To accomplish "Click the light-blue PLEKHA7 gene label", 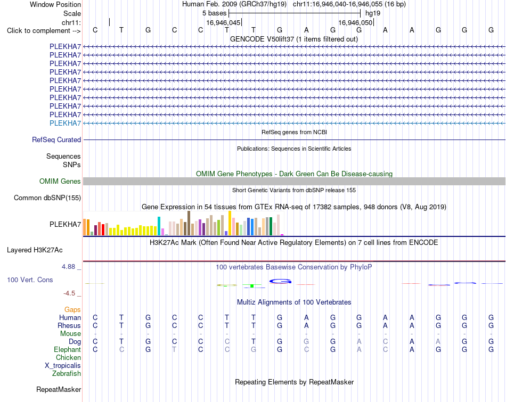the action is click(65, 123).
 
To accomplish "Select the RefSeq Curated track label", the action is click(56, 140).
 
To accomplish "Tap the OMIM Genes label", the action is click(60, 182).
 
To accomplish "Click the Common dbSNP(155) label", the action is click(47, 198).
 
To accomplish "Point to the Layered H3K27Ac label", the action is click(35, 250).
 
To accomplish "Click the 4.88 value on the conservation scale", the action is click(68, 267).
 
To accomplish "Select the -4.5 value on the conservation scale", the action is click(69, 293).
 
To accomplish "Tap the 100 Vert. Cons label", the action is click(30, 280).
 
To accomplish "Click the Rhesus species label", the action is click(69, 325).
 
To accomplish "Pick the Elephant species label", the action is click(68, 350).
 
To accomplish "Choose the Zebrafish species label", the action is click(67, 374).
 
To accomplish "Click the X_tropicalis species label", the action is click(63, 366).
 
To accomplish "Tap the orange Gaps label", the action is click(72, 310).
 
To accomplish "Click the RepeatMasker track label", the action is click(59, 389).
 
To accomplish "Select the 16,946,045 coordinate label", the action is click(223, 22).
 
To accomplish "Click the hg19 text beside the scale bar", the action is click(373, 13).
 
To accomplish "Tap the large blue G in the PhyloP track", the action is click(280, 281).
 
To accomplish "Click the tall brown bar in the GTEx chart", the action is click(189, 223).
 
